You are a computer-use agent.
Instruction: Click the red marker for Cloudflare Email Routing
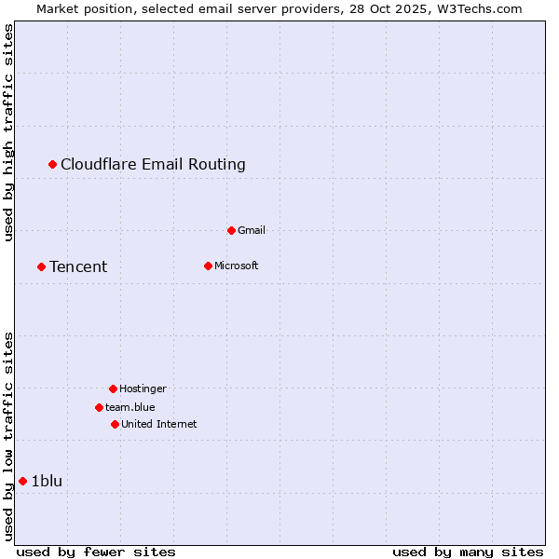53,165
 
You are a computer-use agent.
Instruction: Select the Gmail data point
231,230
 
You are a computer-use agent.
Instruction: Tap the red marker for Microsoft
208,266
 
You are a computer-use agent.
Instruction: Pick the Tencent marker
41,267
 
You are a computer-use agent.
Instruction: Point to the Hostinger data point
113,389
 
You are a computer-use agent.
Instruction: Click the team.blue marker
99,407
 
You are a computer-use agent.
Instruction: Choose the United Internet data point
115,424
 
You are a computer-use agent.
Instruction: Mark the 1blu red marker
23,481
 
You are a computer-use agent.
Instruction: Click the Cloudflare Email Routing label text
153,165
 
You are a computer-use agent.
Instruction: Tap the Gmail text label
252,230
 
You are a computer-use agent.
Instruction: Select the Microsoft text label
236,266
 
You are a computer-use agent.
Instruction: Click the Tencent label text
78,267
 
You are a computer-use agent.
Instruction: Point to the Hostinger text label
143,389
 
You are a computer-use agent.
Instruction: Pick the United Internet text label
158,424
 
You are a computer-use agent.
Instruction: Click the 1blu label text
47,481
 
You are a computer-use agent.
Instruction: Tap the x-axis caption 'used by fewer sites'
96,552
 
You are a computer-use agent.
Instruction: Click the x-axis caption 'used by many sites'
468,552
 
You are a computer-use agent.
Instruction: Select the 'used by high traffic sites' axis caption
8,132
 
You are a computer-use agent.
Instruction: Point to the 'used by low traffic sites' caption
8,436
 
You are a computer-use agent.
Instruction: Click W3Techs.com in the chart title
476,8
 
